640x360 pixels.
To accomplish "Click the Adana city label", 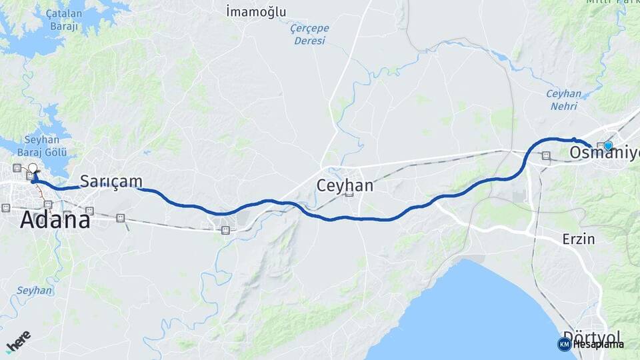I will (55, 219).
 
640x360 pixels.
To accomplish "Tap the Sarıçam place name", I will (111, 181).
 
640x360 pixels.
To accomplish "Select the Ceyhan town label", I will (345, 185).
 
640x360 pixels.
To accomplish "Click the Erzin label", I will (578, 239).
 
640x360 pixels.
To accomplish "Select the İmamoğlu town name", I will (256, 11).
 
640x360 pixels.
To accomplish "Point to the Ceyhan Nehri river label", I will (563, 99).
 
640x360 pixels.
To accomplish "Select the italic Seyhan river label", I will (34, 291).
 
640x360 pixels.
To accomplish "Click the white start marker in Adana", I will (32, 168).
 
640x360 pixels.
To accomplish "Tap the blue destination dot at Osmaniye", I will (608, 145).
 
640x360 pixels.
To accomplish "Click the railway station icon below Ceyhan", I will (348, 194).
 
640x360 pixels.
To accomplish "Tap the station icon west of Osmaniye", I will (546, 156).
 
